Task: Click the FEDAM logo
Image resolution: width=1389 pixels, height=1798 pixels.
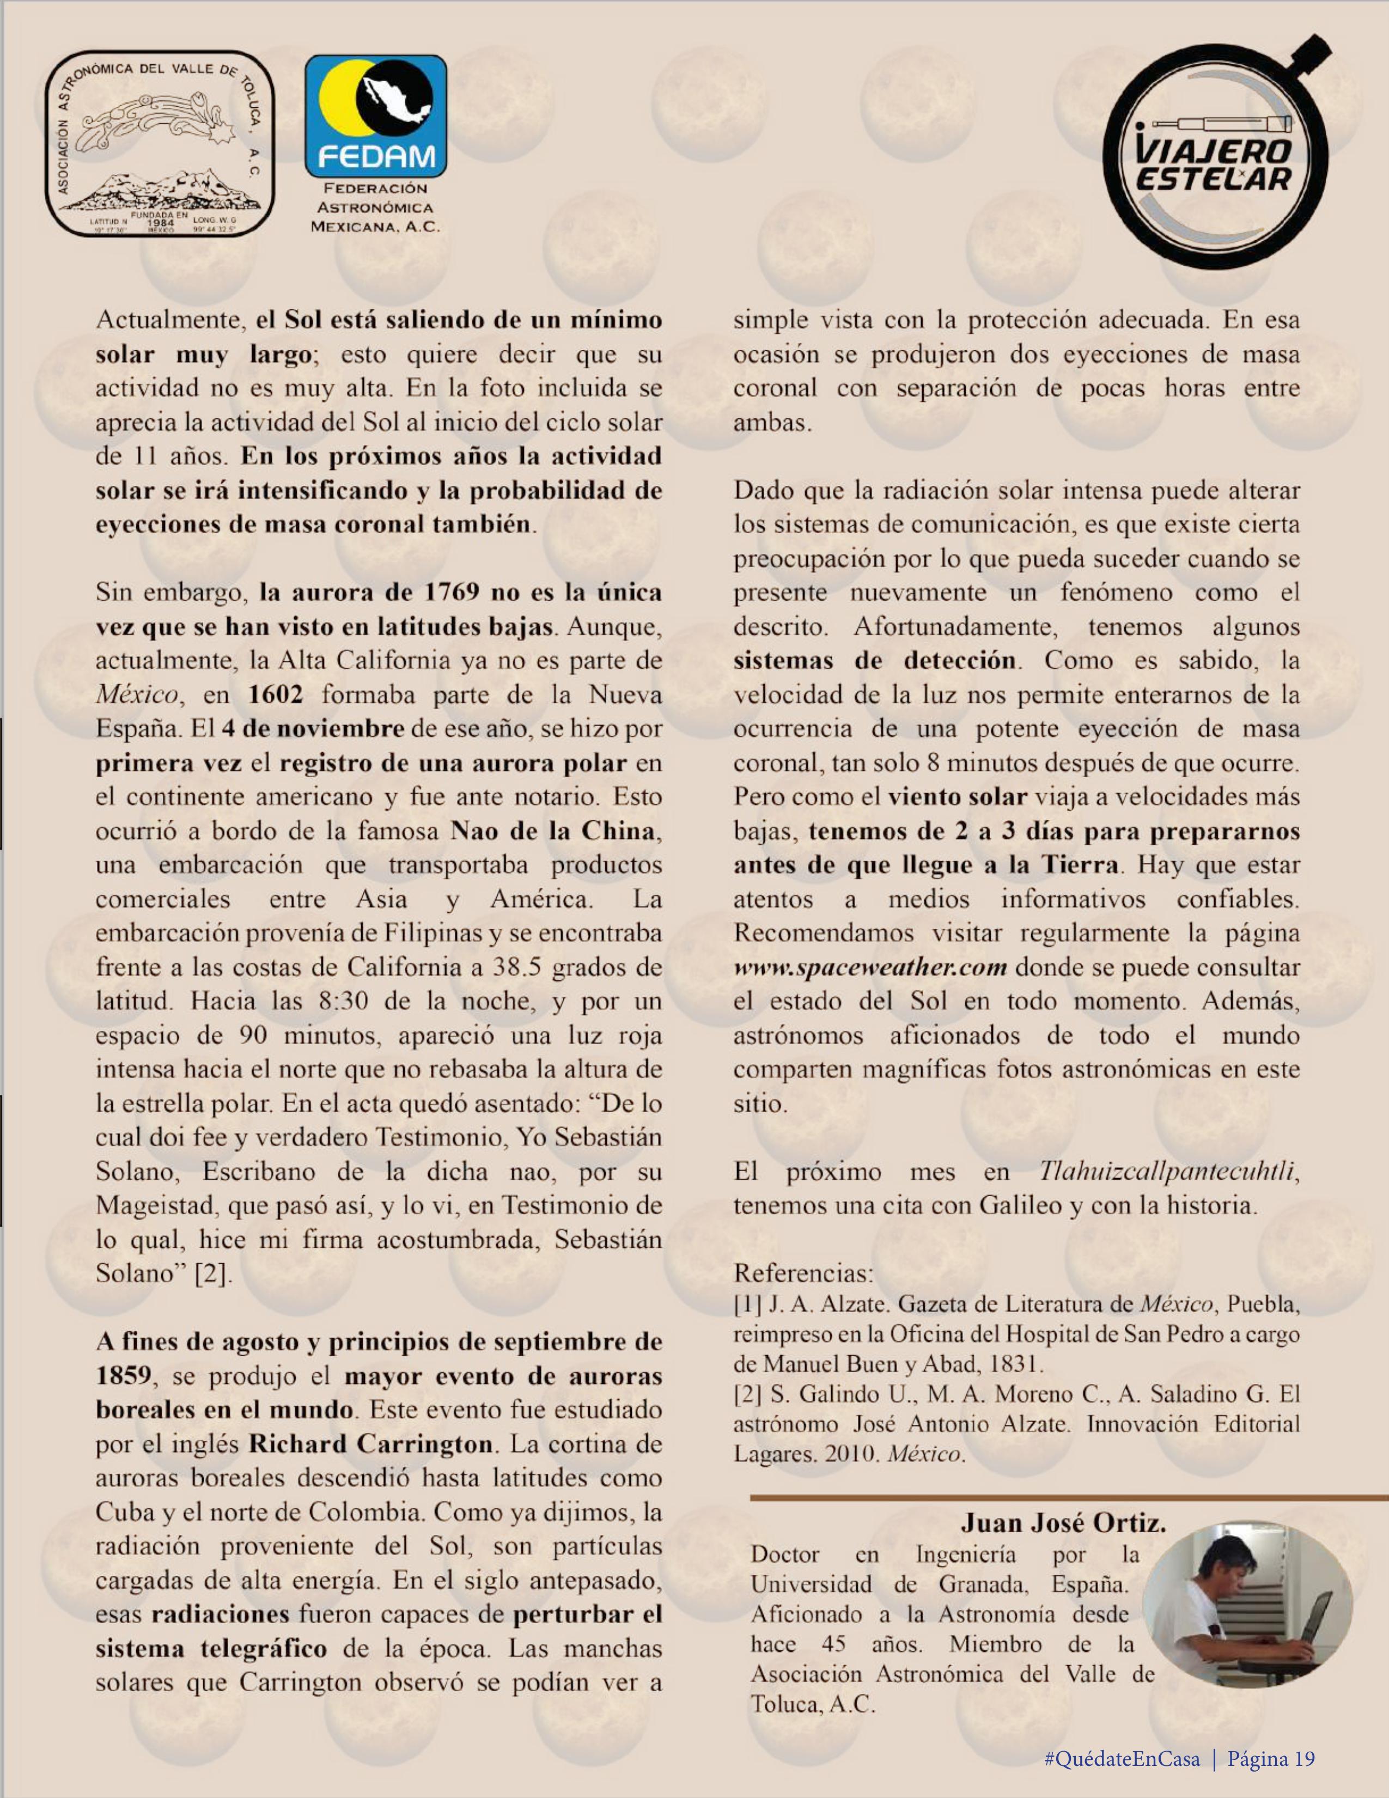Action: click(375, 117)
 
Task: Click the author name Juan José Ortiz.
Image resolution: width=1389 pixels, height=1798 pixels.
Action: click(1063, 1523)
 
